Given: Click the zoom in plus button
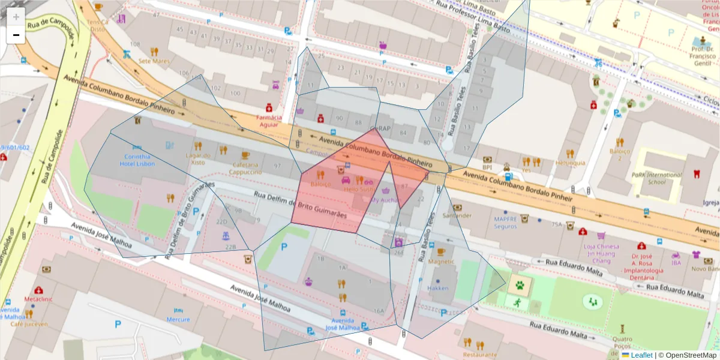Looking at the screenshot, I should (x=16, y=17).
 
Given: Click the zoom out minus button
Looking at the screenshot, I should (x=16, y=35).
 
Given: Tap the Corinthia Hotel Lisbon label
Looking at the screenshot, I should (x=137, y=160).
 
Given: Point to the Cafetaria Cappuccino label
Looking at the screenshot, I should (x=245, y=168).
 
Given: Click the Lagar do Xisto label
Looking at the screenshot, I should (x=198, y=159).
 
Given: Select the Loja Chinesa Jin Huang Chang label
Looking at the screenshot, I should (x=601, y=253).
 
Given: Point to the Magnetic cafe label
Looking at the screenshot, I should (x=442, y=262).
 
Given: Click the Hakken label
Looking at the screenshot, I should (x=438, y=288).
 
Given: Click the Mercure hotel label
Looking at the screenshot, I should (x=178, y=320).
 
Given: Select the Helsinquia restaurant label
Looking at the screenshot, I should (x=570, y=163).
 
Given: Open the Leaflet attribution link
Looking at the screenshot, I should (x=641, y=355).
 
